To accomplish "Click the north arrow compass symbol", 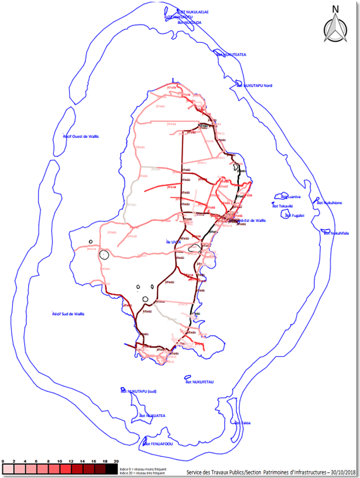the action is pyautogui.click(x=335, y=26).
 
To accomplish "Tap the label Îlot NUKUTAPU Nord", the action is pyautogui.click(x=255, y=86).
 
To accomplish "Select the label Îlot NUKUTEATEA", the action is pyautogui.click(x=231, y=54).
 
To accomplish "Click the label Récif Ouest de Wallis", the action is pyautogui.click(x=81, y=136).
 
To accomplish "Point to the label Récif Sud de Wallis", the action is pyautogui.click(x=67, y=315).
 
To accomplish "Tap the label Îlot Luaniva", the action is pyautogui.click(x=290, y=197).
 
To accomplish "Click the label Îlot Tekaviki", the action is pyautogui.click(x=282, y=206).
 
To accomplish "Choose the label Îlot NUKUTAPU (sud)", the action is pyautogui.click(x=139, y=391).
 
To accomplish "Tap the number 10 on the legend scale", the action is pyautogui.click(x=60, y=462).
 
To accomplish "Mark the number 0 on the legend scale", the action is pyautogui.click(x=4, y=462).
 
